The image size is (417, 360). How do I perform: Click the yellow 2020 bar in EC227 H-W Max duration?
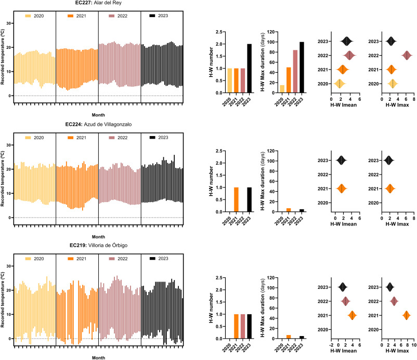[x=282, y=89]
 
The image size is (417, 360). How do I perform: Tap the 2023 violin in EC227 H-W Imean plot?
[x=347, y=41]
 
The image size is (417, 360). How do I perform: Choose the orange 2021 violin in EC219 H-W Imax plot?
[x=406, y=315]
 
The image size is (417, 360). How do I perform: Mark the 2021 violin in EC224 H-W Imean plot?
[x=342, y=189]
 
